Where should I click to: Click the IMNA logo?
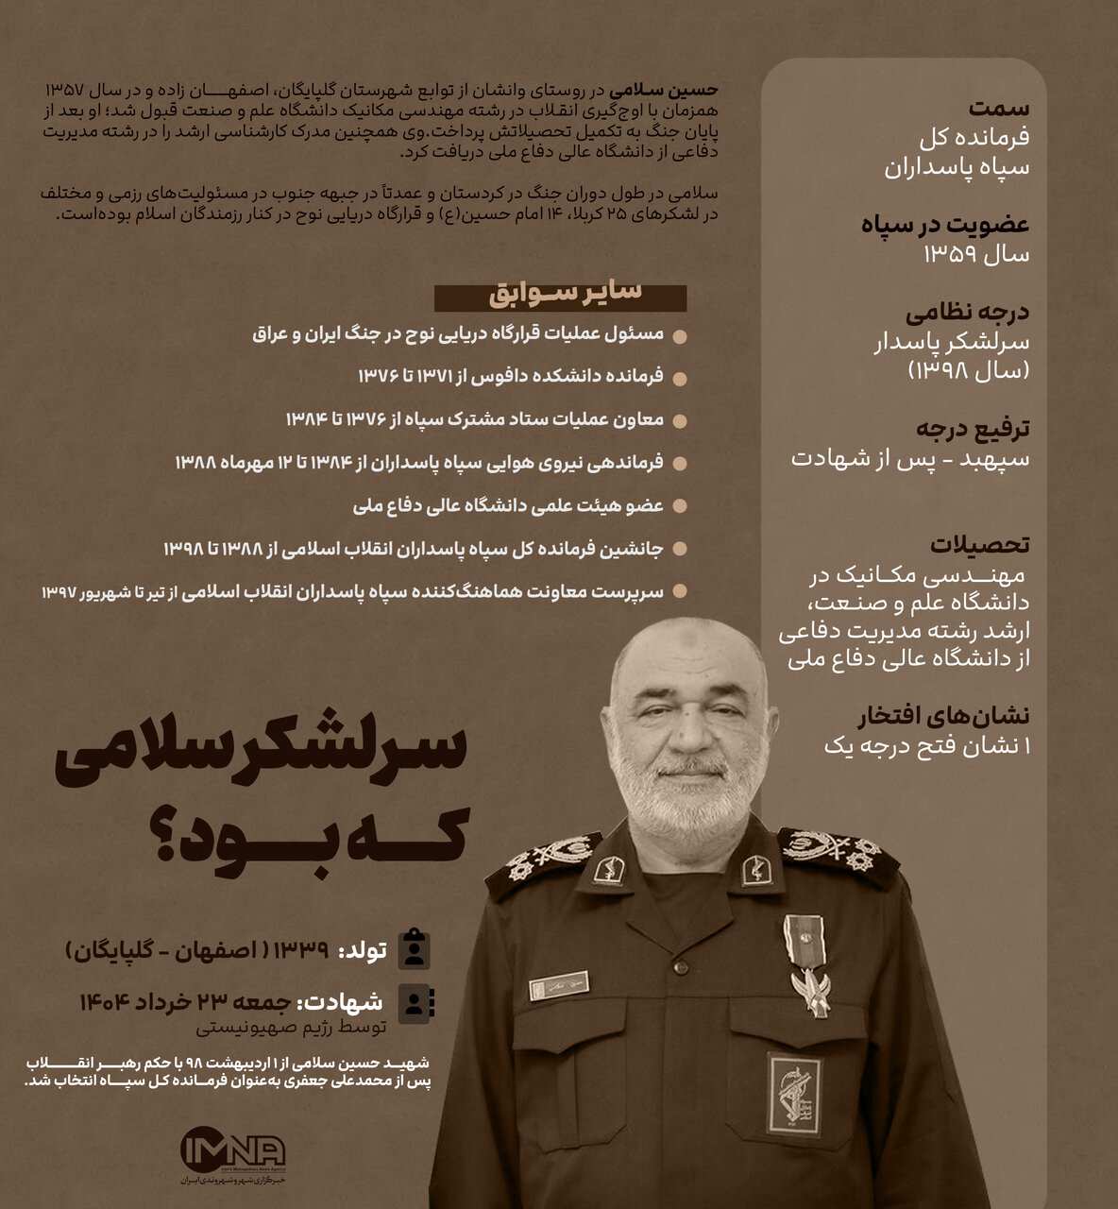[x=232, y=1151]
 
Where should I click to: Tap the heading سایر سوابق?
[x=565, y=294]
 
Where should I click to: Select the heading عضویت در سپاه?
[x=945, y=225]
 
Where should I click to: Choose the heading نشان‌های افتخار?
[x=943, y=717]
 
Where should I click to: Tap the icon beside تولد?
[x=415, y=949]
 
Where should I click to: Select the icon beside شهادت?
[x=415, y=1003]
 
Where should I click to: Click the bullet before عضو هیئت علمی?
[x=680, y=507]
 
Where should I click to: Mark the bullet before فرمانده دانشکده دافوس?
[x=680, y=378]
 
